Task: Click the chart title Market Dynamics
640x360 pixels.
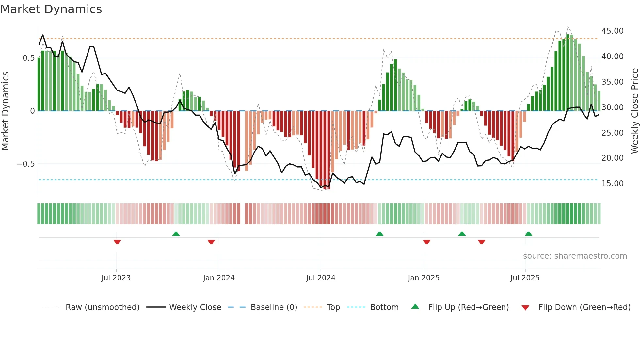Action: (51, 9)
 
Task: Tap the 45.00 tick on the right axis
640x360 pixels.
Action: (612, 31)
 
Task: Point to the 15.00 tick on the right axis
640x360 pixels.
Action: (612, 184)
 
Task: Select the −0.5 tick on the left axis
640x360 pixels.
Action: (25, 164)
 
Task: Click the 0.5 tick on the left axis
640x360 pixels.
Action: (28, 58)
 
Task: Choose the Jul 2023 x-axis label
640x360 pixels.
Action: (116, 278)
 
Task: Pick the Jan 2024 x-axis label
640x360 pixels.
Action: (219, 278)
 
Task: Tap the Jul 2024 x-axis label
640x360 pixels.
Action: (321, 278)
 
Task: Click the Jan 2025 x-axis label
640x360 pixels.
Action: (424, 278)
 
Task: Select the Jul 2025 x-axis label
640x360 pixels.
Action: (525, 278)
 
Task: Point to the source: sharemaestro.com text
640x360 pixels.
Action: (575, 256)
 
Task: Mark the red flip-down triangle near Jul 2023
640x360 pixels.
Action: (117, 242)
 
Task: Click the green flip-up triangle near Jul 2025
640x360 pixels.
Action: (528, 234)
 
